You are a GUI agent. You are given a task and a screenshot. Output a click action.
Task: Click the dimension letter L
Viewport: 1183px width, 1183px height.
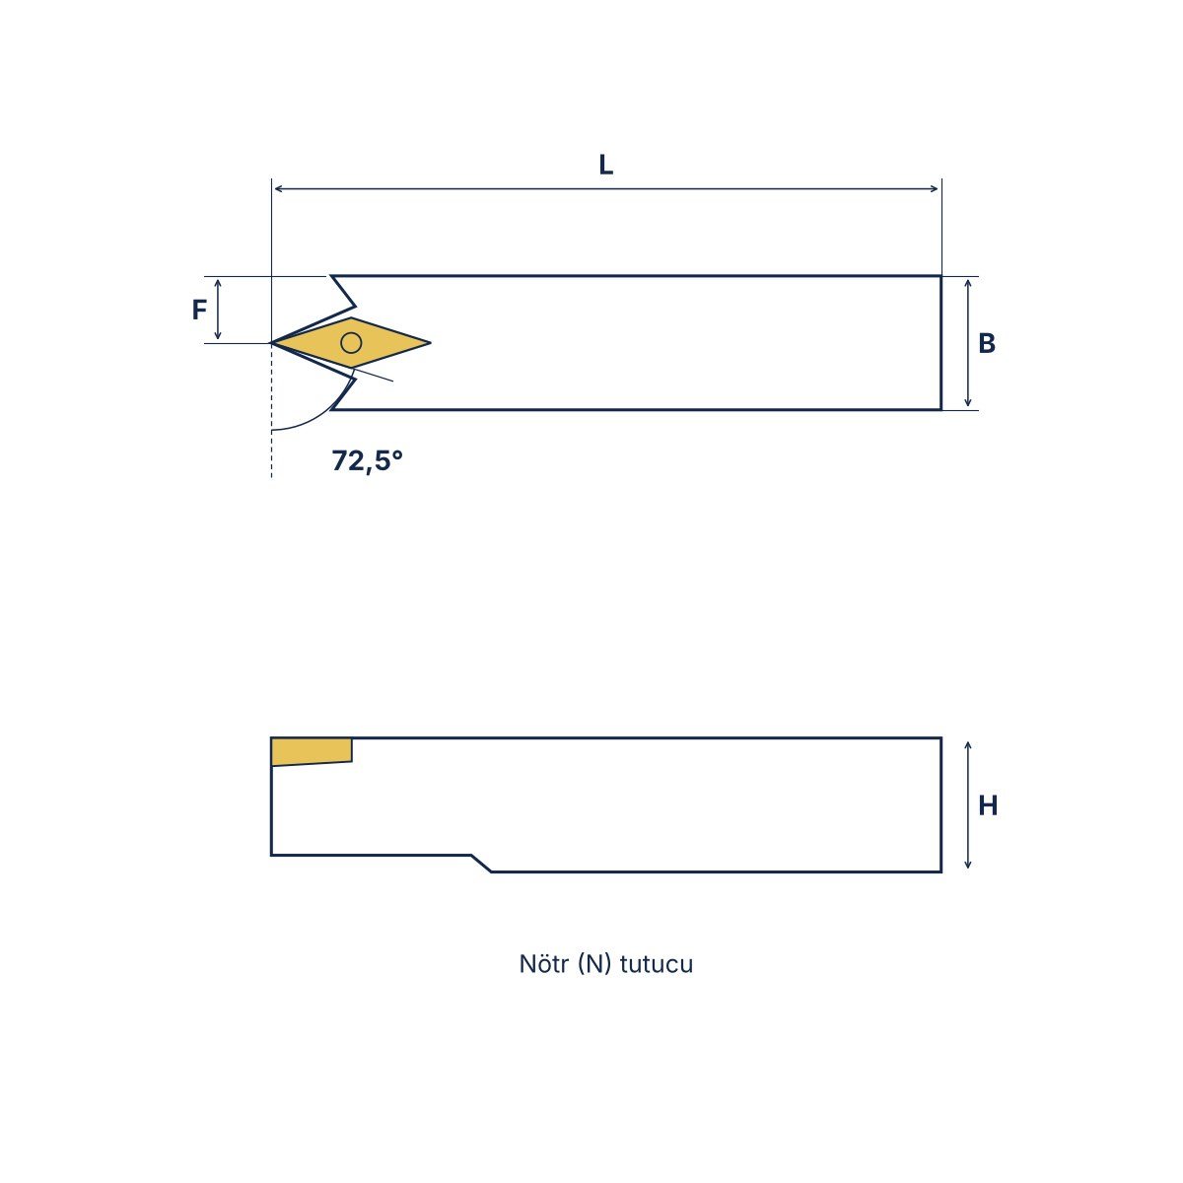tap(605, 165)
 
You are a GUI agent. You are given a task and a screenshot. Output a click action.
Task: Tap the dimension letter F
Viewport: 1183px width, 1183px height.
tap(199, 310)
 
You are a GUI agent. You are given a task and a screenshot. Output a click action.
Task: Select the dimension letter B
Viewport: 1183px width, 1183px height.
tap(986, 343)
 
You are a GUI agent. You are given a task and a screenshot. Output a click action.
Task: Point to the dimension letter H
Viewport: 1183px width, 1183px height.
tap(987, 804)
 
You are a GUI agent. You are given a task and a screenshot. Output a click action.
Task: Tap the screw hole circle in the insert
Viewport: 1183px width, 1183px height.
tap(351, 342)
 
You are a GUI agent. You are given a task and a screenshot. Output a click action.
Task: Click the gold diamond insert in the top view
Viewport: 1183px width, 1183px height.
tap(351, 342)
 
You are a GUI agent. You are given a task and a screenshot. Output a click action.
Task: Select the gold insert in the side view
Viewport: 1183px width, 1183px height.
tap(312, 751)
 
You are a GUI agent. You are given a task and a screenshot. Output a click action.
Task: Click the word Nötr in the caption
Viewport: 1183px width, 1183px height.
tap(543, 964)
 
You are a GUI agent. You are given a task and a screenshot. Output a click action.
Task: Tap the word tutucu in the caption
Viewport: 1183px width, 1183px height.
tap(657, 964)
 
